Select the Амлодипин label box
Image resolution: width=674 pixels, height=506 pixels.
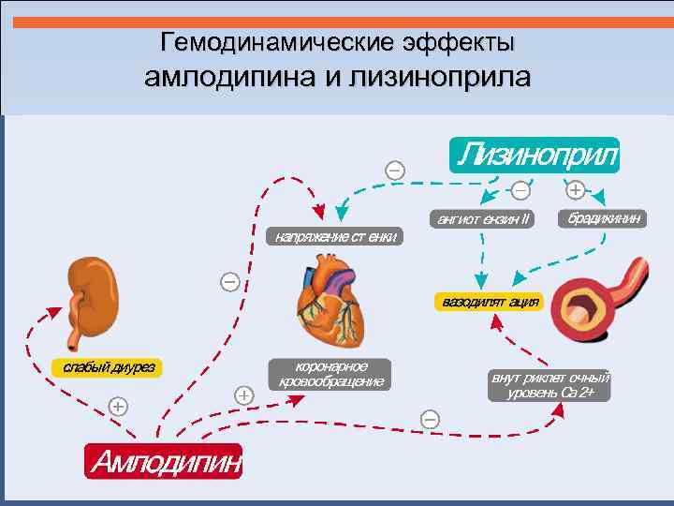(163, 461)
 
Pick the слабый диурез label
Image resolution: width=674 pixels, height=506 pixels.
(108, 366)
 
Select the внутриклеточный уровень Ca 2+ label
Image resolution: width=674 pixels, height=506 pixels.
(549, 384)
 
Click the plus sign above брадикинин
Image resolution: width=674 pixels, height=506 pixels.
(575, 189)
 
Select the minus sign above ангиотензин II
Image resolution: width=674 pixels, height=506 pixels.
(520, 189)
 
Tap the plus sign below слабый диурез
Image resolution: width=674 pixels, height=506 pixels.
(117, 406)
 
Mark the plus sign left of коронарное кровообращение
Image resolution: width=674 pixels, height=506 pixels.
(243, 394)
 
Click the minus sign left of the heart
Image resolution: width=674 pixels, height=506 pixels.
(229, 280)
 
